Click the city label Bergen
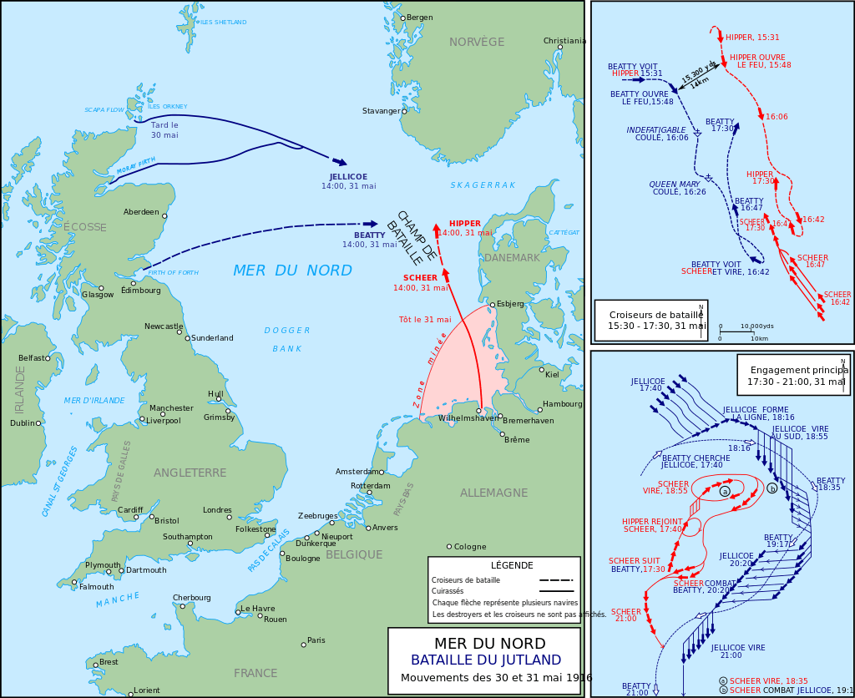pos(420,18)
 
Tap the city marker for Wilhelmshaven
pos(479,410)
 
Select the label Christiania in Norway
pos(564,40)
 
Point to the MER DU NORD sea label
pos(292,271)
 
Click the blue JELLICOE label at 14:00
pos(348,177)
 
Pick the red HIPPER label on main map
pos(465,224)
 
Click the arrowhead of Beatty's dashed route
pos(371,224)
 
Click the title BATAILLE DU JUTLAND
pos(485,660)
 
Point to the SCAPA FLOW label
pos(104,110)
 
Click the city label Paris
pos(316,640)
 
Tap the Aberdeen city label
pos(140,212)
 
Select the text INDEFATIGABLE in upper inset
pos(657,129)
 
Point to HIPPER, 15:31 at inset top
pos(751,38)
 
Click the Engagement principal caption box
pos(792,374)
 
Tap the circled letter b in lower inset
pos(772,488)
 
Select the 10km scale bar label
pos(759,338)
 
